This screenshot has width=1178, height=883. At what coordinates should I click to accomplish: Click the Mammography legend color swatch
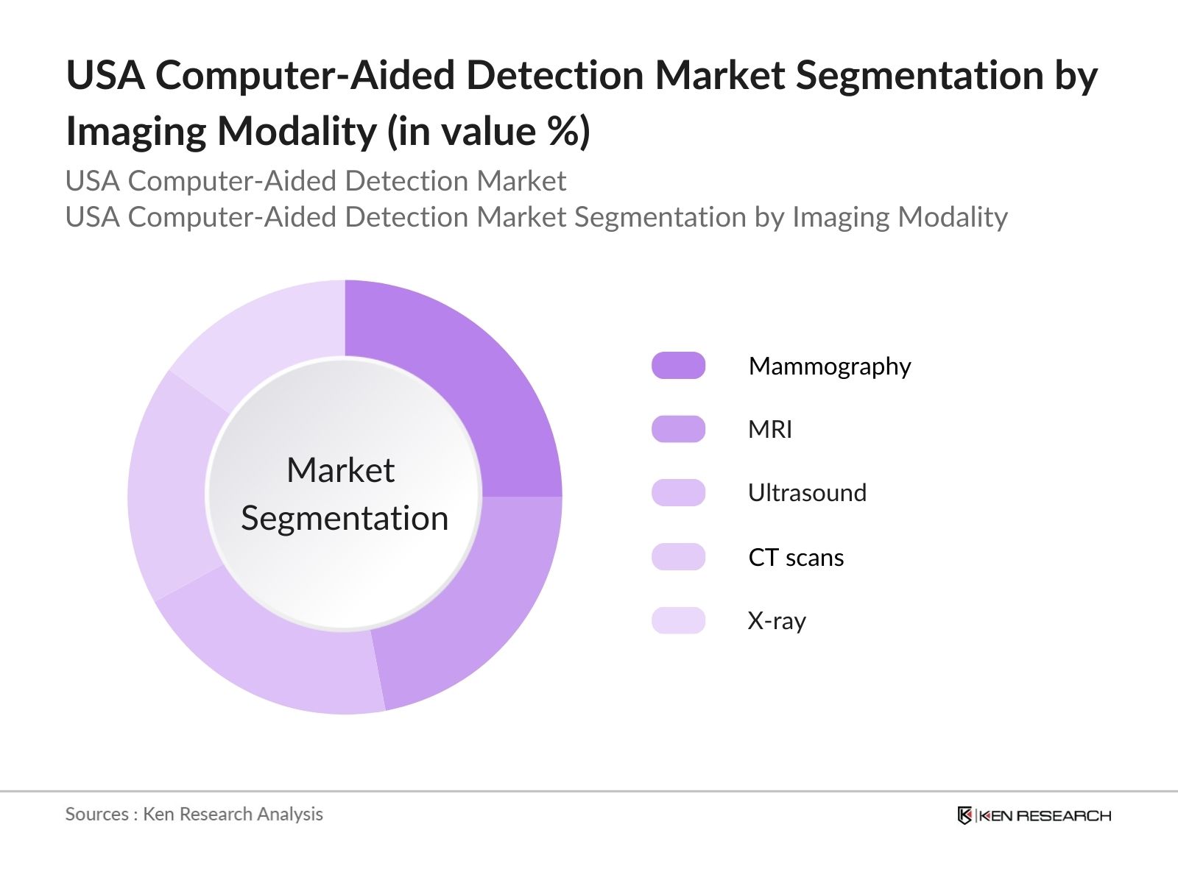[678, 366]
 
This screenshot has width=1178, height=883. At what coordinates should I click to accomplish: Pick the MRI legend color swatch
[678, 429]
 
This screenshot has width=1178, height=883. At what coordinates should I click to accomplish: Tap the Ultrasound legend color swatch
[678, 493]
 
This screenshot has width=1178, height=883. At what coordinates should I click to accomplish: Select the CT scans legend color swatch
[678, 557]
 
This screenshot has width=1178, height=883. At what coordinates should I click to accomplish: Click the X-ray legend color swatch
[678, 620]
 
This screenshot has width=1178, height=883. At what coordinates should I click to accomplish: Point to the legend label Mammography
[830, 366]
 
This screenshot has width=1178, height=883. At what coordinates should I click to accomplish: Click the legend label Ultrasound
[807, 493]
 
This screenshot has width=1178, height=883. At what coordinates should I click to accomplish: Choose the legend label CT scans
[796, 558]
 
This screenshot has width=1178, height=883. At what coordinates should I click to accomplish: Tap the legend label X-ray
[777, 621]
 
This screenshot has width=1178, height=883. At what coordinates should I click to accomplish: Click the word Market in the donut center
[340, 470]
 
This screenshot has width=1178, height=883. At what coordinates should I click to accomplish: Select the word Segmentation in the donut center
[345, 519]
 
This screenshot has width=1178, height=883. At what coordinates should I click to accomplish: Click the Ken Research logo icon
[964, 815]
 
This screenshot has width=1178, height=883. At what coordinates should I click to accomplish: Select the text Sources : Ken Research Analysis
[194, 815]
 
